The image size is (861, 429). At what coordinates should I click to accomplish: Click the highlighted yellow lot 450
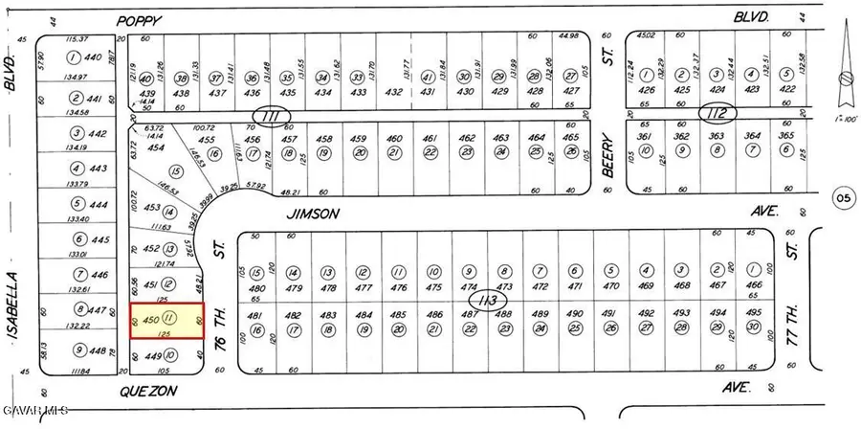pyautogui.click(x=166, y=319)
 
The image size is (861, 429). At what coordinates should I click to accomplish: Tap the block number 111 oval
pyautogui.click(x=277, y=116)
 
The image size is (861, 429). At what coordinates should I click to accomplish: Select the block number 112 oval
pyautogui.click(x=718, y=114)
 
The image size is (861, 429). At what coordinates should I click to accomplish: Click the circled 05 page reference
pyautogui.click(x=843, y=199)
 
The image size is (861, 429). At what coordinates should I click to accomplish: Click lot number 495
pyautogui.click(x=753, y=313)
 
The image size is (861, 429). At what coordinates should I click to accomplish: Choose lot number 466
pyautogui.click(x=753, y=285)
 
